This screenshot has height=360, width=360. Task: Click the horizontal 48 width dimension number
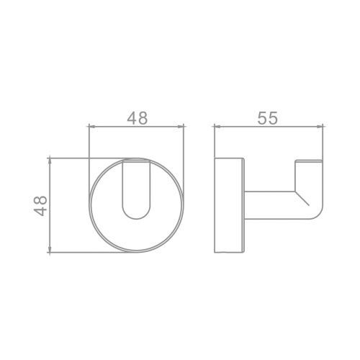(137, 118)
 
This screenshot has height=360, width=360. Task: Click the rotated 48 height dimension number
(40, 206)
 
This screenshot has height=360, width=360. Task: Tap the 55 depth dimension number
(267, 118)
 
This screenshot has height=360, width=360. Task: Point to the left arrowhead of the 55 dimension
(217, 126)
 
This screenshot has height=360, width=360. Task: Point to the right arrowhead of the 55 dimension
(320, 126)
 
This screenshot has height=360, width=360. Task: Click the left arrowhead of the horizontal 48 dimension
(92, 126)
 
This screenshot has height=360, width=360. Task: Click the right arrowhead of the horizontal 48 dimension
(181, 126)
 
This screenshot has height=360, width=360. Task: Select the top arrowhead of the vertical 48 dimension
(50, 161)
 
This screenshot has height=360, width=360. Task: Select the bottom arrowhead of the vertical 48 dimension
(50, 249)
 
